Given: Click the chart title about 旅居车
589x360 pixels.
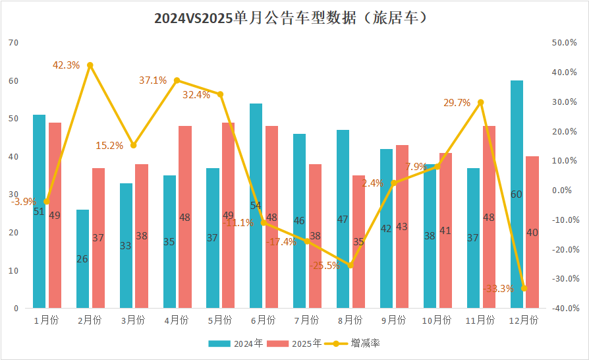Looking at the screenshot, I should [x=294, y=18].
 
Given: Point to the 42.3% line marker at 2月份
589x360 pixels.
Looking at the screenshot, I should [x=90, y=65].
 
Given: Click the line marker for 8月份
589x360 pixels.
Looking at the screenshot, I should [x=351, y=265].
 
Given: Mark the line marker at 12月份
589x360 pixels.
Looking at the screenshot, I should [x=524, y=288].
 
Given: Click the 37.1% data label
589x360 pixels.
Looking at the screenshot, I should [x=152, y=80].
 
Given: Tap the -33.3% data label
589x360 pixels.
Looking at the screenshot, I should [x=498, y=288].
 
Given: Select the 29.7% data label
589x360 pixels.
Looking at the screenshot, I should [x=457, y=103].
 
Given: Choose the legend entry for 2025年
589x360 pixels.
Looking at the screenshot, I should [x=295, y=343].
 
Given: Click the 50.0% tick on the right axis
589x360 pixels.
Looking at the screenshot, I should [x=565, y=43].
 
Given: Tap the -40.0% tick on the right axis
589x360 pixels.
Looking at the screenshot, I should [x=565, y=309].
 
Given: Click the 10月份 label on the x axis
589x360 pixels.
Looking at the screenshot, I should [x=435, y=320].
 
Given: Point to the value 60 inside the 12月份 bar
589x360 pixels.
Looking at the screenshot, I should [x=516, y=194].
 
